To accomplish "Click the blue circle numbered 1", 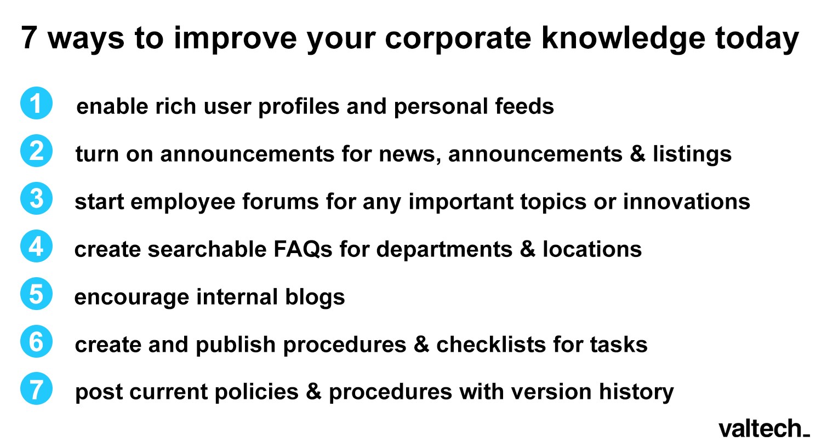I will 36,104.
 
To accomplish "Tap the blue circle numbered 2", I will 36,151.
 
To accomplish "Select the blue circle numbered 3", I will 36,198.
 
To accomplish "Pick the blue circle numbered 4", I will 36,247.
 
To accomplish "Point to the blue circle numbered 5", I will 36,294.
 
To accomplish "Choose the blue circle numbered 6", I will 36,341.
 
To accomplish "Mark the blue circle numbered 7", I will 36,389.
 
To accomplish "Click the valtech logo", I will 763,428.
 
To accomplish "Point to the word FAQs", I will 302,249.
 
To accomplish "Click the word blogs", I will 315,297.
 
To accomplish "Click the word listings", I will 692,154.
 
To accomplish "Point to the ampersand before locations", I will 527,249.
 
